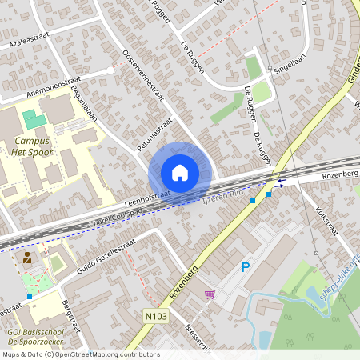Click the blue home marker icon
(179, 173)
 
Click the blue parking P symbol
(246, 267)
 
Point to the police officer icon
(27, 258)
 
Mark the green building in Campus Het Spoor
(34, 121)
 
